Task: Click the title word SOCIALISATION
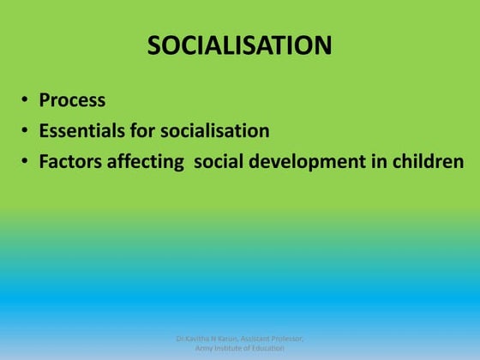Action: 239,45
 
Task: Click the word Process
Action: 72,100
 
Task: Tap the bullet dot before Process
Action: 25,101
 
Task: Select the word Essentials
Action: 86,131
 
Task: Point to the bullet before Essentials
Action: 25,132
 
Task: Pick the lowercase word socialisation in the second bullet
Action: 219,131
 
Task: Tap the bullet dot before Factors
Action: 25,162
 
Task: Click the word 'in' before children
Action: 383,161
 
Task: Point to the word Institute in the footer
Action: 235,348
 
